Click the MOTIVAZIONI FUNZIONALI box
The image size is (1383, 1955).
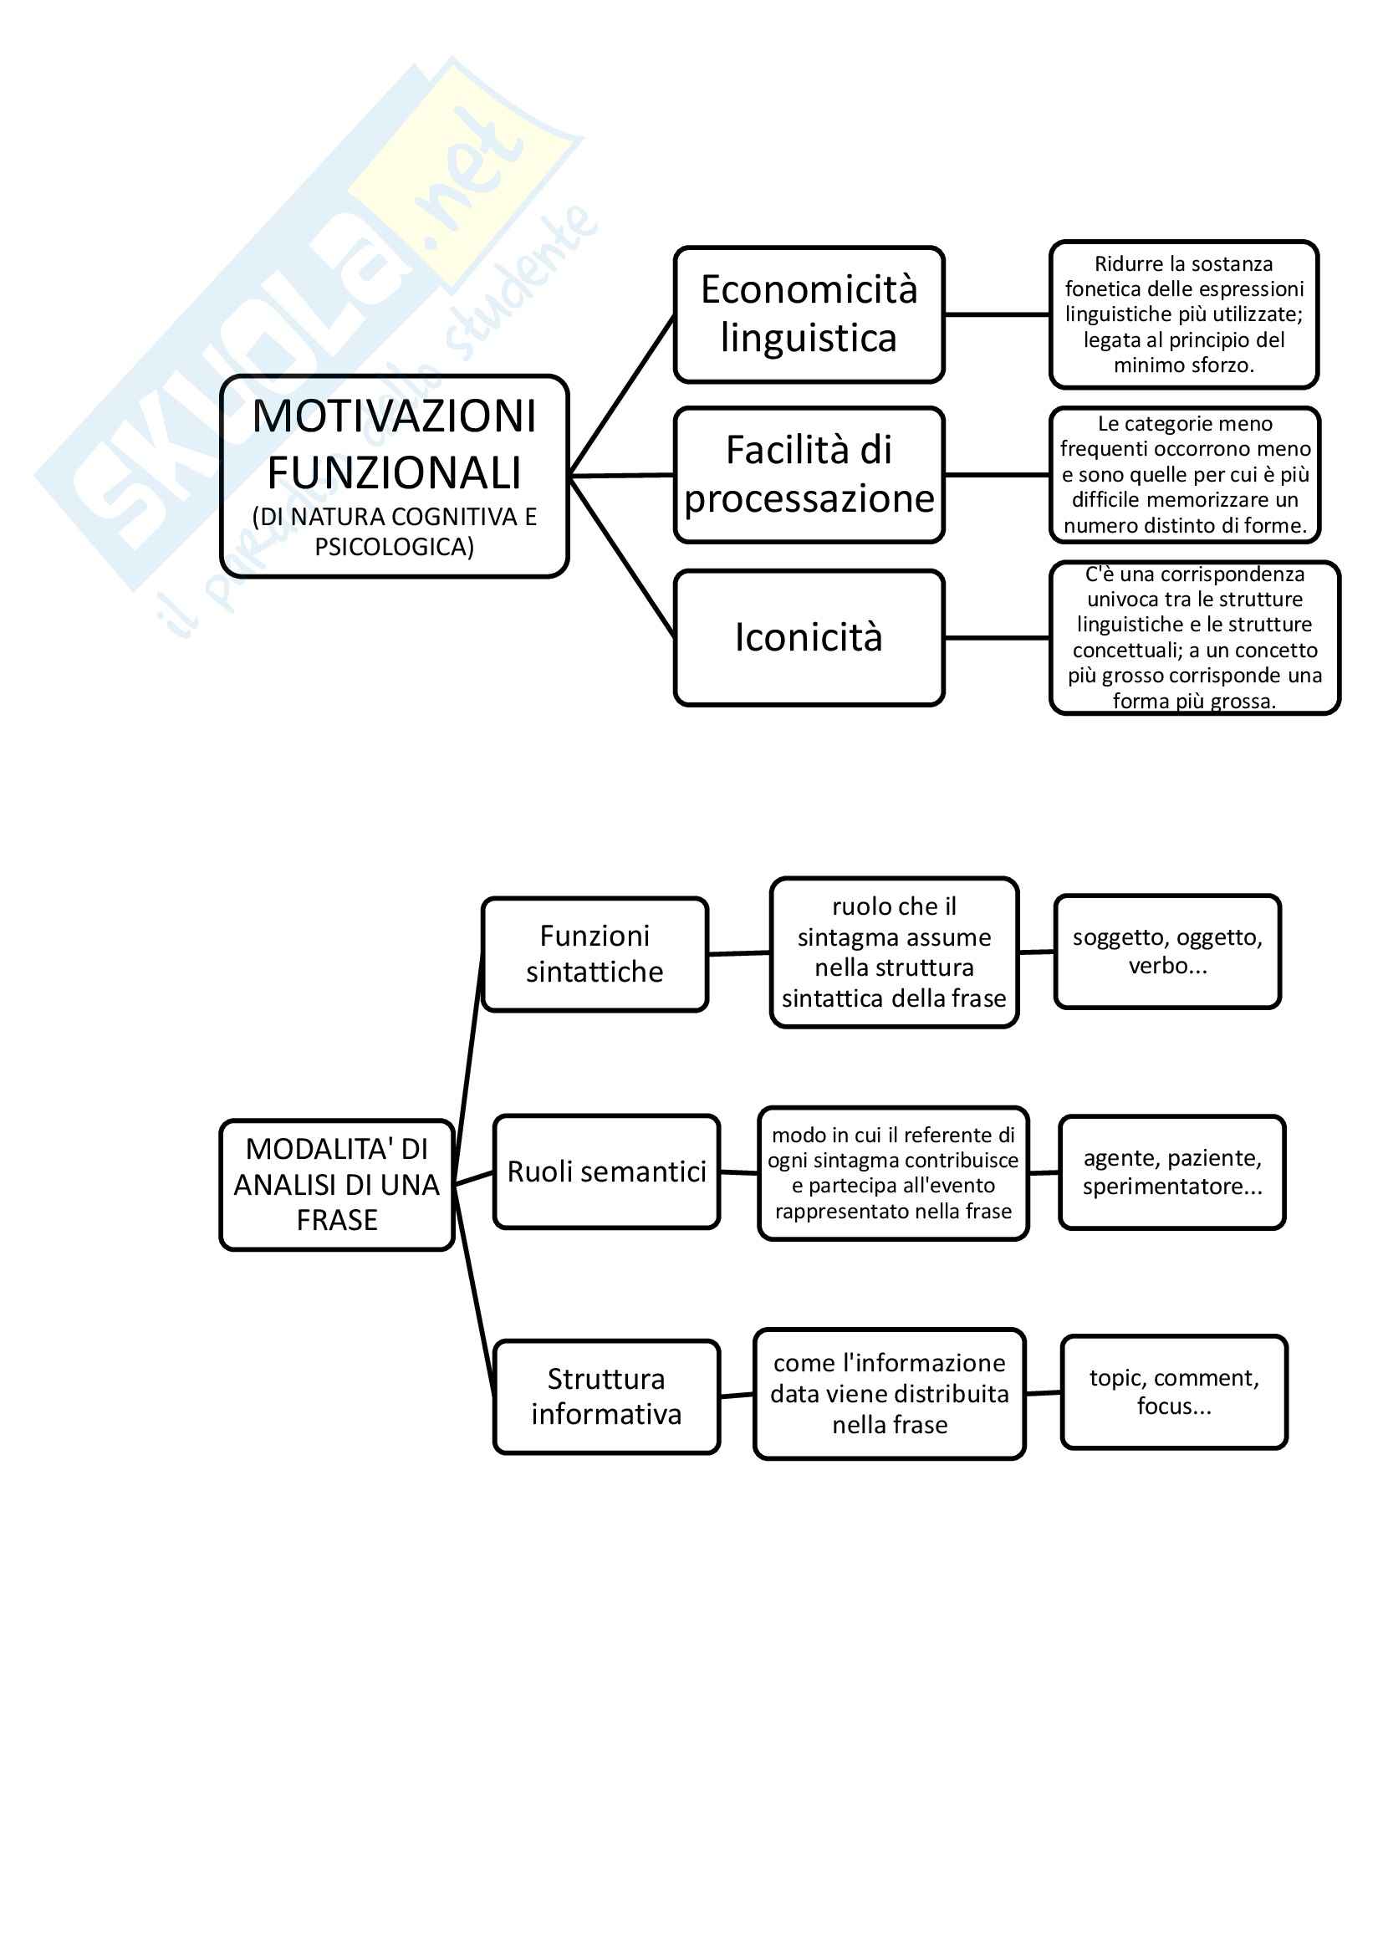pyautogui.click(x=394, y=475)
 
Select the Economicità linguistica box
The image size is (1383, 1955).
pyautogui.click(x=809, y=314)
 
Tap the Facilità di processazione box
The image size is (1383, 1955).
pyautogui.click(x=809, y=474)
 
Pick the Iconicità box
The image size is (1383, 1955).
pyautogui.click(x=809, y=637)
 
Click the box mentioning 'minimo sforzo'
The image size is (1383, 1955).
pyautogui.click(x=1183, y=314)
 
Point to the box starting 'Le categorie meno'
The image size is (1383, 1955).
pyautogui.click(x=1184, y=474)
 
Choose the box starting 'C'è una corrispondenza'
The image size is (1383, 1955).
pyautogui.click(x=1194, y=637)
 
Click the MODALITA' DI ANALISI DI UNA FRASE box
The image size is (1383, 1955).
pyautogui.click(x=336, y=1184)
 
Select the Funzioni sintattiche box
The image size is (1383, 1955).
pyautogui.click(x=595, y=953)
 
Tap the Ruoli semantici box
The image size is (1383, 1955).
pyautogui.click(x=606, y=1171)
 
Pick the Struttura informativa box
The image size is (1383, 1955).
pyautogui.click(x=606, y=1396)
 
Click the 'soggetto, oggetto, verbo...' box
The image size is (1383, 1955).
pyautogui.click(x=1166, y=951)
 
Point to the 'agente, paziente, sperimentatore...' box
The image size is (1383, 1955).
pyautogui.click(x=1171, y=1171)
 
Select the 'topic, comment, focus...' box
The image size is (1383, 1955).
pyautogui.click(x=1173, y=1391)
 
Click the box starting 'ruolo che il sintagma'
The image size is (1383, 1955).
pyautogui.click(x=894, y=952)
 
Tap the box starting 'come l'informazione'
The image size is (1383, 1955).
pyautogui.click(x=889, y=1394)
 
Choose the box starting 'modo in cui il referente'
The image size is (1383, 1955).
pyautogui.click(x=893, y=1172)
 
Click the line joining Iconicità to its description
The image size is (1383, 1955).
pyautogui.click(x=997, y=637)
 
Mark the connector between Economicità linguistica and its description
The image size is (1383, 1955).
pyautogui.click(x=997, y=314)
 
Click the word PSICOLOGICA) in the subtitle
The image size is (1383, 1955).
pyautogui.click(x=394, y=547)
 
